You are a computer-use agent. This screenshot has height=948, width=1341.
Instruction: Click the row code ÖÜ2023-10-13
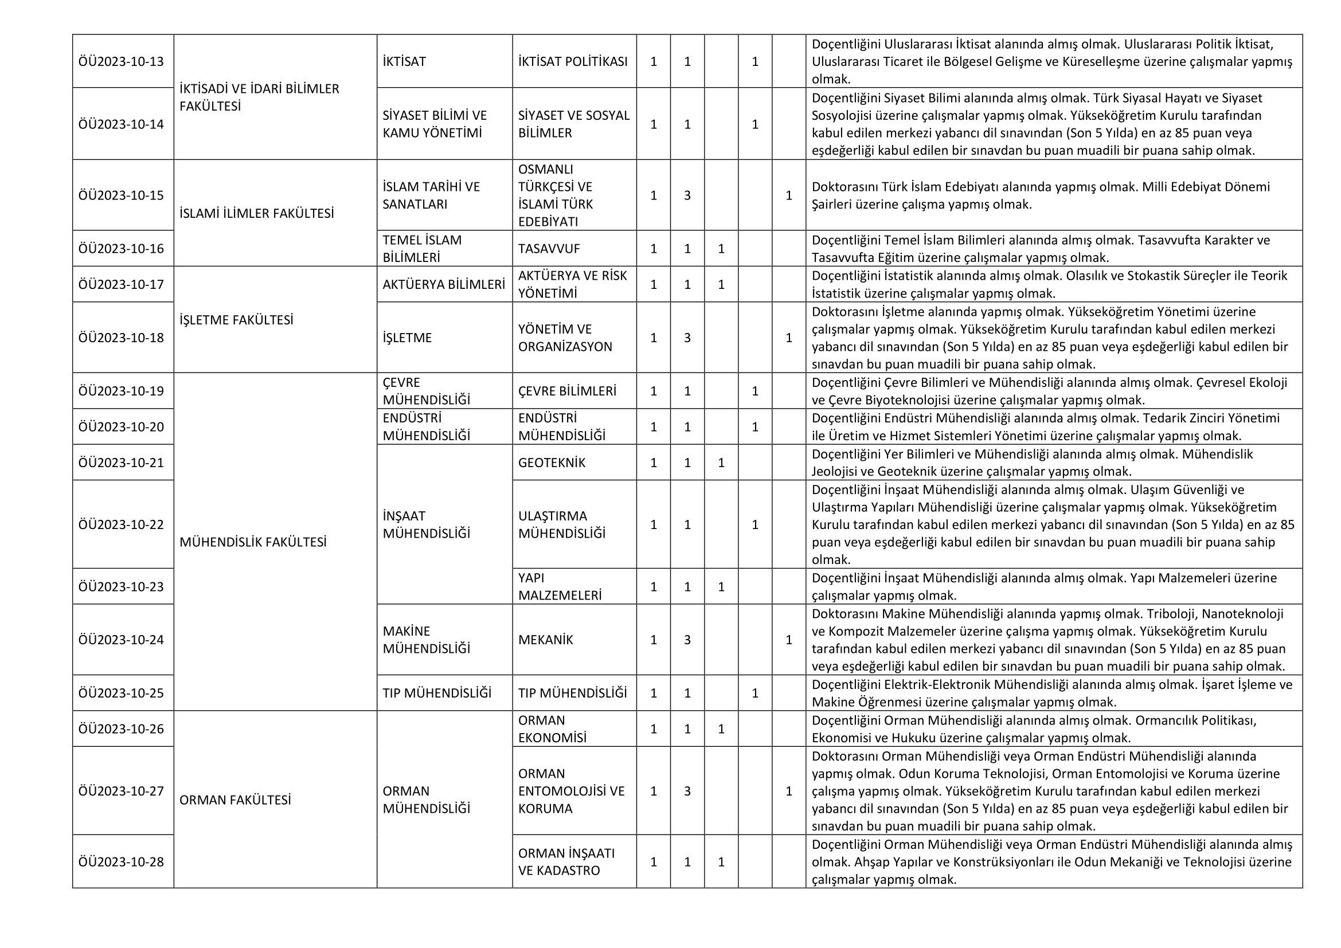121,61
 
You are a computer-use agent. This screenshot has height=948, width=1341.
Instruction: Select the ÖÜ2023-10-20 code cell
121,427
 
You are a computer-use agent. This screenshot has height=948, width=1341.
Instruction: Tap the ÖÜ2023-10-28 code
121,861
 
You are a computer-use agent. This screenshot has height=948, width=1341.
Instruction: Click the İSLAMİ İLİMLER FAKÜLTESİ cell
256,213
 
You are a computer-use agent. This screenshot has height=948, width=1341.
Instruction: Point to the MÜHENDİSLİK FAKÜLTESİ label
253,542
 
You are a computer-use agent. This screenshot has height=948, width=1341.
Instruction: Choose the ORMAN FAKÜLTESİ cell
235,800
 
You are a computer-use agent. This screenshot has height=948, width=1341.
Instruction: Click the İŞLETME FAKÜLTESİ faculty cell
236,320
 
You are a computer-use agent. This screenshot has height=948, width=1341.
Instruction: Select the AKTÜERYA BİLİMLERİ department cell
443,284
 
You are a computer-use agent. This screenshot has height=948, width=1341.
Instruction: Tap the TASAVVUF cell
549,249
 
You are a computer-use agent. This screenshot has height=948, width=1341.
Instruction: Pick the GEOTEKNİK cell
552,463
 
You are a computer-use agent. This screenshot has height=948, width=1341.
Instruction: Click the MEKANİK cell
545,640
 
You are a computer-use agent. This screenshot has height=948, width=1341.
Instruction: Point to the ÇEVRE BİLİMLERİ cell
566,391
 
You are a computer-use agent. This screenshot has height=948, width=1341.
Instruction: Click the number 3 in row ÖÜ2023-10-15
687,195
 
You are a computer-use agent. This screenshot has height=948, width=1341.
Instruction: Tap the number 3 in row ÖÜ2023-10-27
687,791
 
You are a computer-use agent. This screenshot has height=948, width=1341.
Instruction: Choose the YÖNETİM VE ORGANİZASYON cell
565,338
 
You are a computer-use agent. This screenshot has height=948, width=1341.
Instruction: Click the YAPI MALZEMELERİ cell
560,586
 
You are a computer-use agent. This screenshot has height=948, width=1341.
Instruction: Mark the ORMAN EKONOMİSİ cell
552,728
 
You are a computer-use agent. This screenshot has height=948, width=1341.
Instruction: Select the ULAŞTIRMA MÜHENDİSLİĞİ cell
561,524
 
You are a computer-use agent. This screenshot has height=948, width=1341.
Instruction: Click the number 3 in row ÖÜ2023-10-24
687,640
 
